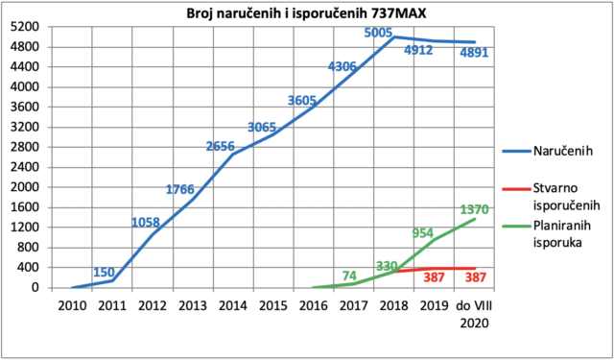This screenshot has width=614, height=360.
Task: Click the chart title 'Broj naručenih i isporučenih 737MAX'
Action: tap(306, 13)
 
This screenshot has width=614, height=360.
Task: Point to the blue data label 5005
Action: tap(378, 33)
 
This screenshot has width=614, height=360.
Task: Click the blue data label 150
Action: tap(104, 273)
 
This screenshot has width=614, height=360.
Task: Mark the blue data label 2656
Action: tap(220, 147)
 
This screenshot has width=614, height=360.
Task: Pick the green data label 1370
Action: tap(474, 210)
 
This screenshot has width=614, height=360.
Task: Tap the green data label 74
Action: tap(349, 276)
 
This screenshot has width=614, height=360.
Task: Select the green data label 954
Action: tap(423, 233)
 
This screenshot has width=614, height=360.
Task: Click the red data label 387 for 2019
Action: tap(435, 277)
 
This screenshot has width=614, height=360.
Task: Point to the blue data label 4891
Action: tap(474, 53)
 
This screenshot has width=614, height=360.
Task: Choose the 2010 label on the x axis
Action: tap(73, 305)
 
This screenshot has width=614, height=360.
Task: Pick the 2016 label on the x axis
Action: tap(314, 305)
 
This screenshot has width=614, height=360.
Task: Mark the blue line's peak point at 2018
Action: tap(393, 36)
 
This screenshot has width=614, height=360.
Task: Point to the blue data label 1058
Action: tap(146, 223)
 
